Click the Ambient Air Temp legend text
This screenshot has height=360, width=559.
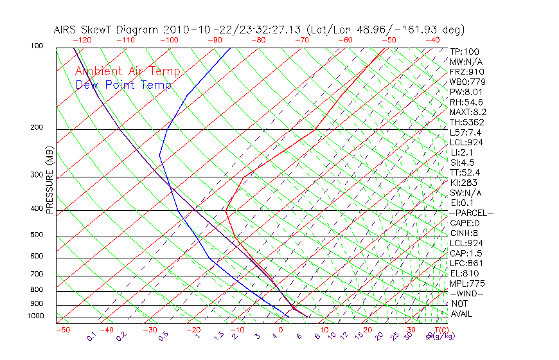pos(127,71)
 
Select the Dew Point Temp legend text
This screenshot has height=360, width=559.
pos(123,85)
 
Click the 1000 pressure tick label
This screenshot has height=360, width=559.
pos(36,316)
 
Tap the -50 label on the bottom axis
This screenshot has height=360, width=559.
pos(62,330)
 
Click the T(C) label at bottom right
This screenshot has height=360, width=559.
pos(440,330)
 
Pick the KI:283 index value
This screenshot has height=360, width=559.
pos(463,183)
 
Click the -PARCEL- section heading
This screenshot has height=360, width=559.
pos(472,213)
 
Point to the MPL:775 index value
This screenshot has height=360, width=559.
pos(467,283)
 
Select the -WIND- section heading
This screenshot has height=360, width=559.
pos(467,293)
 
